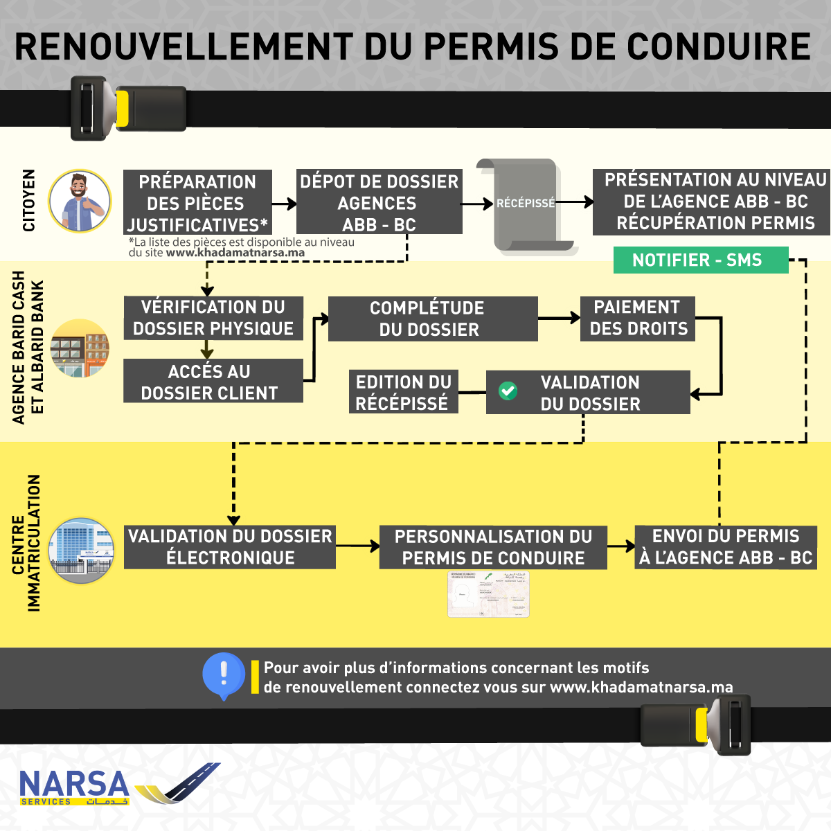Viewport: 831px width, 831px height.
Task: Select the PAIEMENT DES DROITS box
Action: [638, 319]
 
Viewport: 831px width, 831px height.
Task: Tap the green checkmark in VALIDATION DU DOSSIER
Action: [508, 391]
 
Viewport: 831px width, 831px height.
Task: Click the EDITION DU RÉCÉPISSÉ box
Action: [403, 392]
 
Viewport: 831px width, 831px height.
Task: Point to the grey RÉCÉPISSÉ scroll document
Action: [526, 204]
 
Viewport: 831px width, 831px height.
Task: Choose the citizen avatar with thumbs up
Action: [80, 201]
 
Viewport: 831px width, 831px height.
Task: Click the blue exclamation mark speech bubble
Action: [224, 674]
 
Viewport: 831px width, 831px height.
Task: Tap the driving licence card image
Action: [488, 594]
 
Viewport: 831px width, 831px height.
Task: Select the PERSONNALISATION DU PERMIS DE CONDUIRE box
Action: [493, 547]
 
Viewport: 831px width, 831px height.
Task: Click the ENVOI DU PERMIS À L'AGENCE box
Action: [726, 547]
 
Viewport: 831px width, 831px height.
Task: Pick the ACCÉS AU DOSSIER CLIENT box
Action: [213, 381]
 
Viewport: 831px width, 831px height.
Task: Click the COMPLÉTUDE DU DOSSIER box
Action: [433, 319]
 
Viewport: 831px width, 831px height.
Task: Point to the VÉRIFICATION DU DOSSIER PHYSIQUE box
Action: [213, 318]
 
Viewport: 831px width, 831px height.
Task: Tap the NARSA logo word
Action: [74, 785]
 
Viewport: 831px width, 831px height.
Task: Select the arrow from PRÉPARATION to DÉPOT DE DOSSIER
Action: [284, 204]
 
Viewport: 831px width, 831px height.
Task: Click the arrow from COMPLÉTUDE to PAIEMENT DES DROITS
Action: [559, 318]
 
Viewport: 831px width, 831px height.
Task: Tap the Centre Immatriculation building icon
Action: [81, 551]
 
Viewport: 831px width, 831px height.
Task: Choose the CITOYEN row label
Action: [29, 201]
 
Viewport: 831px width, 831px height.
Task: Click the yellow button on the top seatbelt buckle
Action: [123, 109]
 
